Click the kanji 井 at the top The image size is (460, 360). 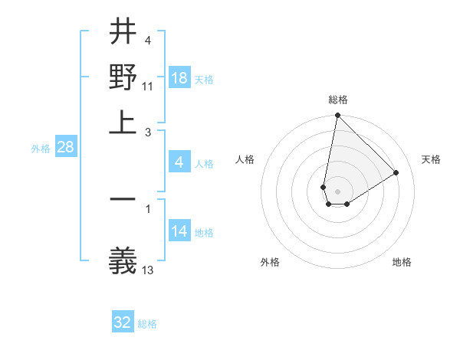click(x=123, y=33)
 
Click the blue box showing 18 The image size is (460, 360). click(x=179, y=78)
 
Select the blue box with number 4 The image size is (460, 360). click(x=179, y=162)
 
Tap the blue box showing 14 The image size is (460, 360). click(x=179, y=231)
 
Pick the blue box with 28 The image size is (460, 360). click(x=65, y=148)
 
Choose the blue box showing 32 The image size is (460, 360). click(x=123, y=322)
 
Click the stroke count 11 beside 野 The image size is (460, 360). click(x=148, y=85)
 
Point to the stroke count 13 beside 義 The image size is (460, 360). click(x=148, y=270)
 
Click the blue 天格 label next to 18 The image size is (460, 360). click(x=204, y=80)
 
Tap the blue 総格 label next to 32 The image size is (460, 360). click(x=147, y=324)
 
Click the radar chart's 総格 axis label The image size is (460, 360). click(x=337, y=100)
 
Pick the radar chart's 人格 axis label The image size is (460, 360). click(x=245, y=159)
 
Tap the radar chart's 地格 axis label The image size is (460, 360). click(x=402, y=262)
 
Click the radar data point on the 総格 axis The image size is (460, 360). click(x=337, y=116)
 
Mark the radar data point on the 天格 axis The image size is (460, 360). click(x=396, y=173)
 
